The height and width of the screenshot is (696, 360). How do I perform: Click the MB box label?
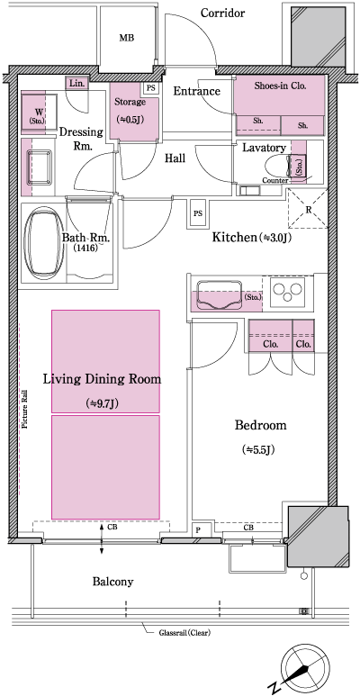(126, 38)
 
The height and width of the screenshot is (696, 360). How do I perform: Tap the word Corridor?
(222, 13)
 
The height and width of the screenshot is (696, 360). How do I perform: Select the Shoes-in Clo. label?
(281, 88)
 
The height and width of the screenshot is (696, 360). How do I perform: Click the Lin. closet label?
(76, 84)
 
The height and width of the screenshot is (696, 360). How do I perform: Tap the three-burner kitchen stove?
(290, 294)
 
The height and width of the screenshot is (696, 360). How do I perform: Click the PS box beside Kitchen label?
(197, 213)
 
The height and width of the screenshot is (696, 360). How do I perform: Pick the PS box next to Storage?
(150, 88)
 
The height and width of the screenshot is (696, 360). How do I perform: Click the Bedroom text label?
(260, 425)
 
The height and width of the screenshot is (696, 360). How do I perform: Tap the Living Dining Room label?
(103, 379)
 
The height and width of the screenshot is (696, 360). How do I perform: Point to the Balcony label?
(112, 582)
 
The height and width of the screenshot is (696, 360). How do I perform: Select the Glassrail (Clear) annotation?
(181, 631)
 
